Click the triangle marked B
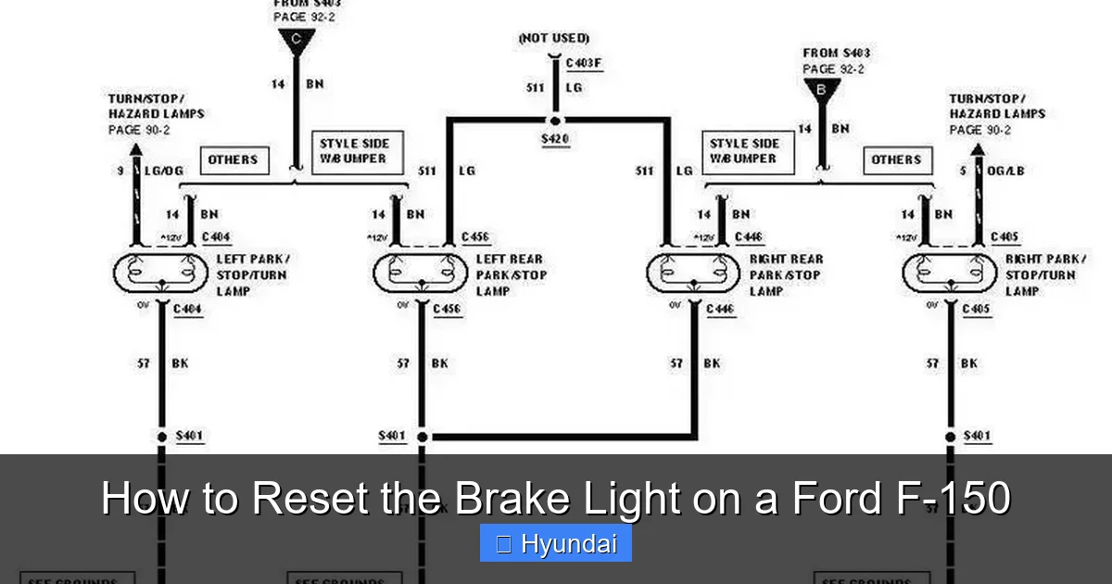tap(821, 90)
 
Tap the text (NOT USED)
tap(554, 38)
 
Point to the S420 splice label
tap(555, 140)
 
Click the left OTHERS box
tap(233, 159)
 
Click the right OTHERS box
tap(896, 159)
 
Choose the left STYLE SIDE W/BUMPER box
tap(354, 151)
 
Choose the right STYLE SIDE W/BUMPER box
tap(744, 151)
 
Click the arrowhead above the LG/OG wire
tap(136, 149)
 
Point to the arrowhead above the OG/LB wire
tap(977, 149)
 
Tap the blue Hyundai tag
tap(556, 543)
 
